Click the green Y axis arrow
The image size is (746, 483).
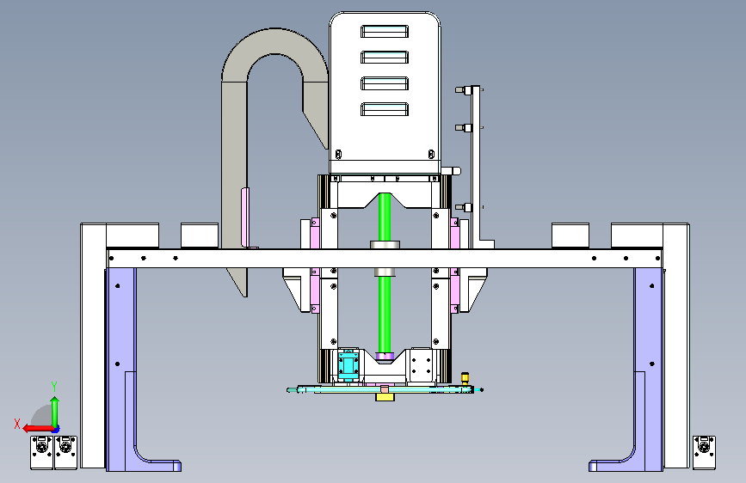click(x=55, y=411)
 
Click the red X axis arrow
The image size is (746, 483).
click(x=38, y=428)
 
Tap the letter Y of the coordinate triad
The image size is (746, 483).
click(x=54, y=387)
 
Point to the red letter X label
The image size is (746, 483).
click(x=17, y=424)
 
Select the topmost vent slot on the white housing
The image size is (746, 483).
click(x=385, y=32)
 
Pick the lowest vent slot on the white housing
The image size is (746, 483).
click(x=385, y=109)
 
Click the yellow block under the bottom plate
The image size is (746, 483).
click(x=385, y=396)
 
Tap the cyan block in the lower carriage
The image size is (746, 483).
click(x=348, y=364)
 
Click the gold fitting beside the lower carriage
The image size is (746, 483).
click(x=465, y=378)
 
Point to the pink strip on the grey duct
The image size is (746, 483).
click(x=245, y=217)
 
